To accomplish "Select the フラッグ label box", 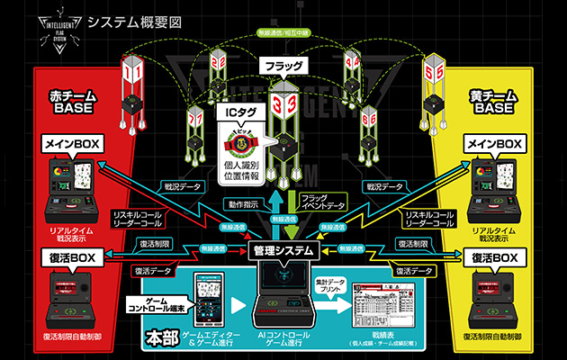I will click(282, 66).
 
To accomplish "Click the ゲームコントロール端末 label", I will click(155, 303).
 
